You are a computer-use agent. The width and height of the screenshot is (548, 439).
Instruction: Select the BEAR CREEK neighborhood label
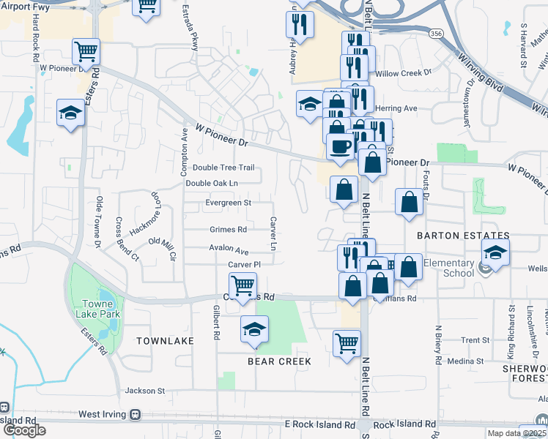coord(279,361)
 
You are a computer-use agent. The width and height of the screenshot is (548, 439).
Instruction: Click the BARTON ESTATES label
coord(462,236)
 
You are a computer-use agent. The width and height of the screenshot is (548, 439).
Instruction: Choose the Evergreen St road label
coord(228,203)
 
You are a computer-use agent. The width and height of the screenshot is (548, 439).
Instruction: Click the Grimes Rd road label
coord(228,229)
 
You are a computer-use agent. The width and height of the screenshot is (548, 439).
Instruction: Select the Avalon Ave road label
coord(229,247)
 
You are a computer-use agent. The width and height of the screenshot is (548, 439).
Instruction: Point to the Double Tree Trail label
coord(223,168)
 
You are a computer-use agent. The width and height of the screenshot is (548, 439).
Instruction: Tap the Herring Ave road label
coord(396,108)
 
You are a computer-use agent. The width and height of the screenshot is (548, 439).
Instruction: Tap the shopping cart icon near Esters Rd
coord(86,52)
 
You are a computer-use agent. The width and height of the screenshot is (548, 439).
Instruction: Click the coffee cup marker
coord(341,146)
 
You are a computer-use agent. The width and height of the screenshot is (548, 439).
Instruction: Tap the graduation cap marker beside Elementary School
coord(496,253)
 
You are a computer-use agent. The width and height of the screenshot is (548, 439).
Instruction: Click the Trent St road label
coord(475,340)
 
